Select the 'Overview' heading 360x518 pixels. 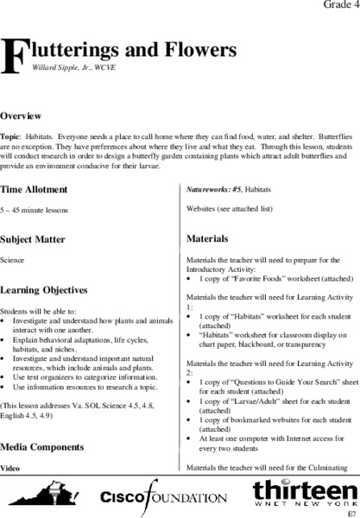pyautogui.click(x=22, y=115)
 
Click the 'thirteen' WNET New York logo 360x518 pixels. pyautogui.click(x=300, y=492)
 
